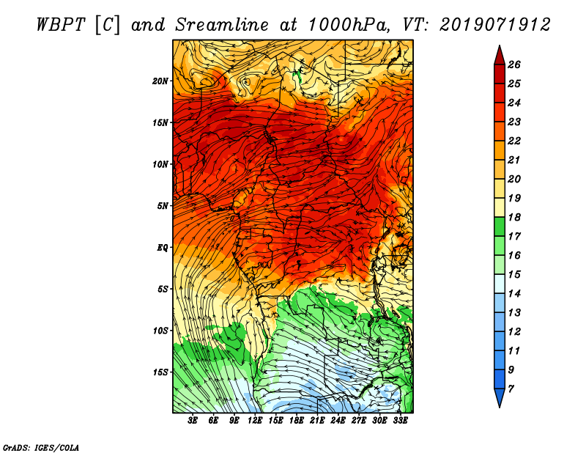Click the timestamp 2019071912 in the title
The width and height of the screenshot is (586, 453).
tap(495, 24)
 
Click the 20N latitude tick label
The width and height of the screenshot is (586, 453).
tap(161, 81)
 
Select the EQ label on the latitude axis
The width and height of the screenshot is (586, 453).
tap(163, 247)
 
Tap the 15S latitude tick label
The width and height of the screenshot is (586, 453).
tap(161, 372)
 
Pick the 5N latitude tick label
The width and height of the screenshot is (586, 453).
tap(163, 205)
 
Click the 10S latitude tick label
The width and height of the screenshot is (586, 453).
tap(161, 330)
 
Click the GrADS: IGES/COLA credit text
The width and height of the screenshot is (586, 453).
tap(40, 446)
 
